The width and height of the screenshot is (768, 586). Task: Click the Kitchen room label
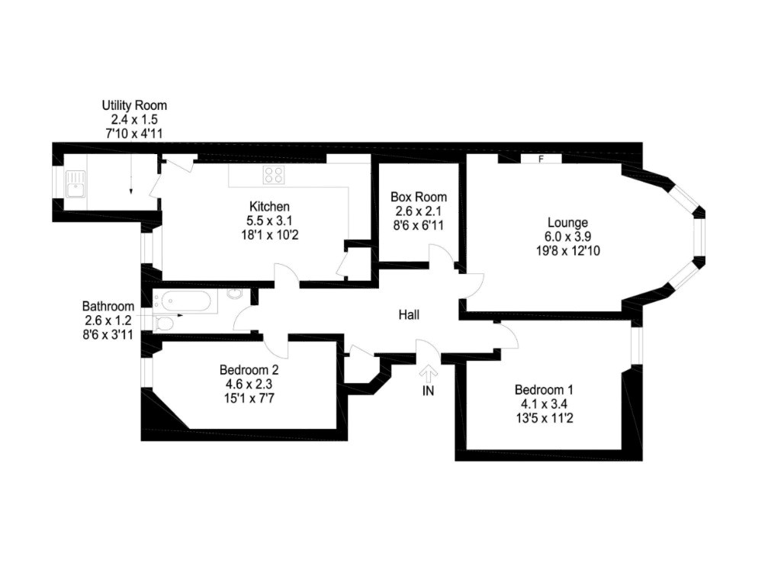click(269, 206)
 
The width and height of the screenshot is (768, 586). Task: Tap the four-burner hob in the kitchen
click(274, 175)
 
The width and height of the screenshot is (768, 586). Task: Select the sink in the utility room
click(76, 184)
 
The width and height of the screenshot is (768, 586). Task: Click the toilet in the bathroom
click(164, 324)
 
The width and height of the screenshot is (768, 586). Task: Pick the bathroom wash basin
click(235, 294)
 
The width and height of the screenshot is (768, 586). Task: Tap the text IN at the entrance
click(428, 391)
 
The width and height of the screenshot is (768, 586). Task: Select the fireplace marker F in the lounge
click(541, 159)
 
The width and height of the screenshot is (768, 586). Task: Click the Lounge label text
click(567, 223)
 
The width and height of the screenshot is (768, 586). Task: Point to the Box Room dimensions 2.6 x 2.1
click(418, 211)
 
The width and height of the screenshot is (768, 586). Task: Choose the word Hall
click(409, 314)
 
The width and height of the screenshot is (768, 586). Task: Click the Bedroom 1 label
click(544, 390)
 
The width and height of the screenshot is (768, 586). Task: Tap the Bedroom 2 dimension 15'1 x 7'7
click(249, 398)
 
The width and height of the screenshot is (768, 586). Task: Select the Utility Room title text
click(134, 105)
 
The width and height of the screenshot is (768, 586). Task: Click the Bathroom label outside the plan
click(108, 306)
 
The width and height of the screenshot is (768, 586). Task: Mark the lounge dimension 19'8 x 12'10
click(567, 251)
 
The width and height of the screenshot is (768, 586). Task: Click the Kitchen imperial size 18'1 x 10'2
click(270, 235)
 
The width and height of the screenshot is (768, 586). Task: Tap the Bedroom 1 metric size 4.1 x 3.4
click(544, 404)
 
